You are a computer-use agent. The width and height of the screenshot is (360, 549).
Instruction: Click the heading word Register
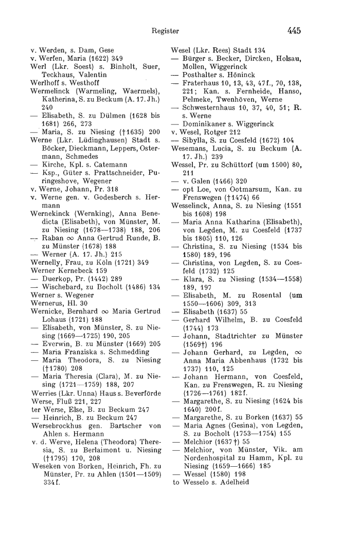point(166,31)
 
